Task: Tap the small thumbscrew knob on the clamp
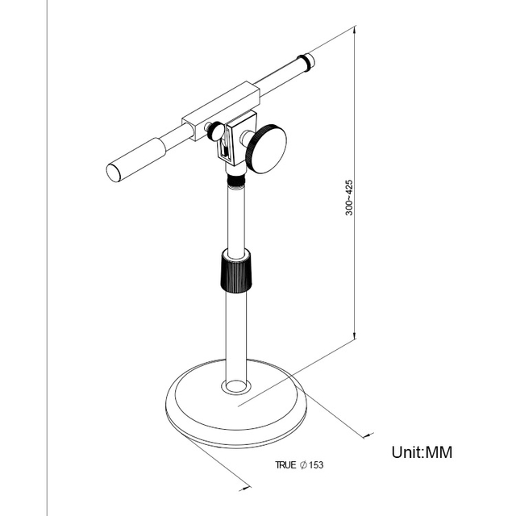point(216,130)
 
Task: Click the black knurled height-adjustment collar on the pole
point(235,273)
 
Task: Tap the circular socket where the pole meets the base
point(235,385)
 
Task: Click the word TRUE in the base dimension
point(285,465)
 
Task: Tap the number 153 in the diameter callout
point(318,465)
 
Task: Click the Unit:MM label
point(422,451)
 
